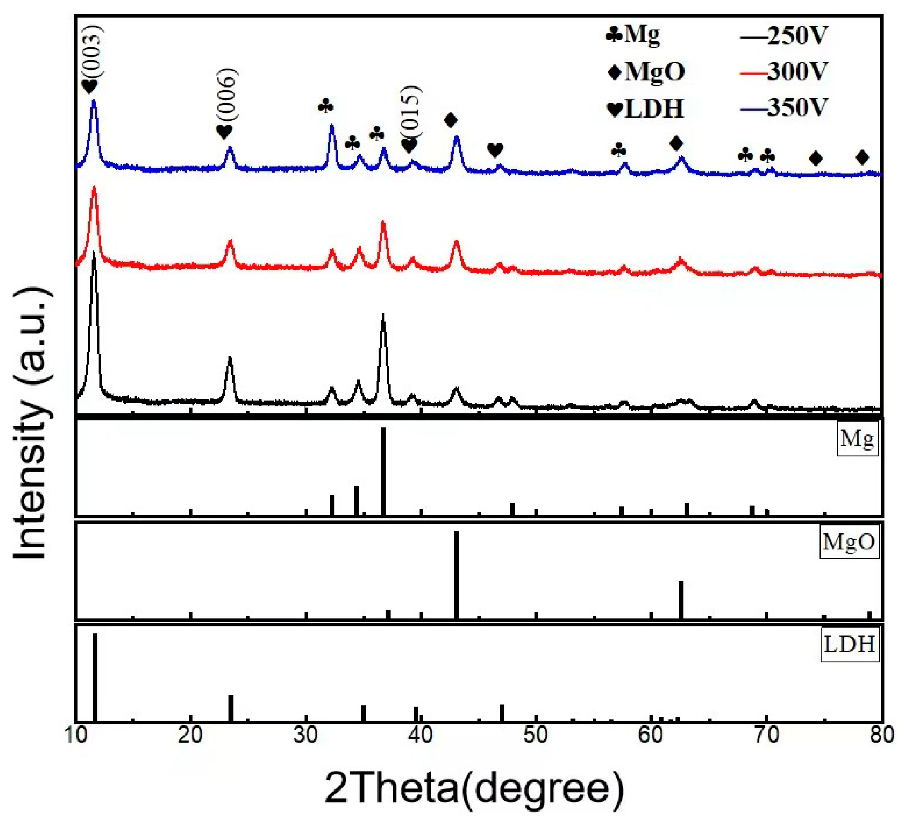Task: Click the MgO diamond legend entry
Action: click(x=646, y=72)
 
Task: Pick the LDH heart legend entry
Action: click(x=646, y=109)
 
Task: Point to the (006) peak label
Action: click(x=227, y=98)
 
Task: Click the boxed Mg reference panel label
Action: click(x=857, y=439)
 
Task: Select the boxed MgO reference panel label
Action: click(x=849, y=542)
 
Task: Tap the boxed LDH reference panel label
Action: click(x=850, y=645)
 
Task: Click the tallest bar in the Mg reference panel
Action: click(x=384, y=471)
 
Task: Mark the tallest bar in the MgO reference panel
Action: click(x=457, y=574)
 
